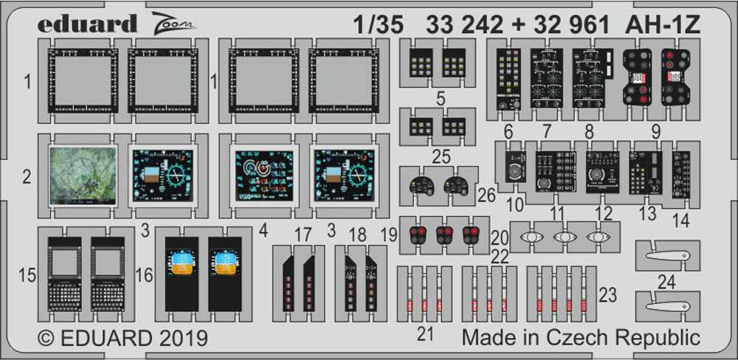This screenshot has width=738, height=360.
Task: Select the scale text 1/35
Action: (x=378, y=24)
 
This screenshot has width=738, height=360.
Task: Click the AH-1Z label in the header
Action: (x=662, y=24)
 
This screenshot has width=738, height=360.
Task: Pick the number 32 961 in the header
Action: (x=570, y=24)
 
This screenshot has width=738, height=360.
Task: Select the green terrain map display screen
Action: (x=83, y=174)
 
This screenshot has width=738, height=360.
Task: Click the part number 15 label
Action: (x=27, y=277)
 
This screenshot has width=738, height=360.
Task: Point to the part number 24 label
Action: (x=666, y=281)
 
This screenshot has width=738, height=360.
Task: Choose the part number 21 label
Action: (x=424, y=334)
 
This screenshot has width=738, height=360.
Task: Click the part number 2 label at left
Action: (x=27, y=177)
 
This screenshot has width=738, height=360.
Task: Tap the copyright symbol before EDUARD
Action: (x=46, y=339)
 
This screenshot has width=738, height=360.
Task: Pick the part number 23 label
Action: (x=607, y=295)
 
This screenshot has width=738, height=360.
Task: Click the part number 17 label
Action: (x=303, y=236)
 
